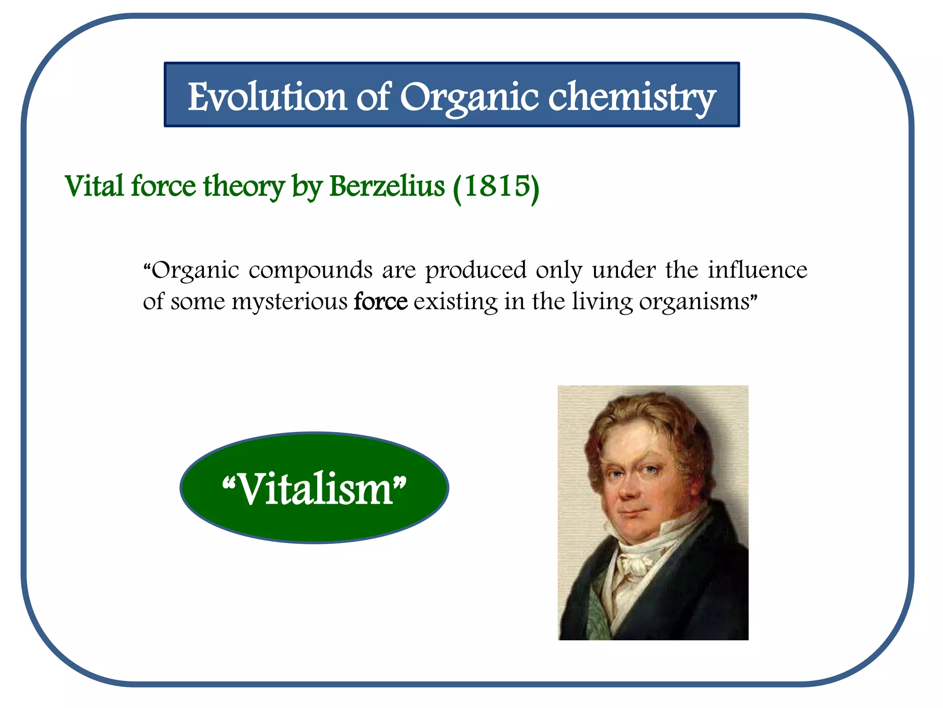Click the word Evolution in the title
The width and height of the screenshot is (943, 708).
pyautogui.click(x=267, y=97)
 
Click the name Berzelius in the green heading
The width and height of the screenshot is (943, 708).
pyautogui.click(x=387, y=187)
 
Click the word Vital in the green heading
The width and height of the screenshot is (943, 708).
pyautogui.click(x=94, y=187)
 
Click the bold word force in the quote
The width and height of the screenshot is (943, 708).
pyautogui.click(x=380, y=302)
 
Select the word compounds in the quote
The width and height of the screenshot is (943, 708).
pyautogui.click(x=310, y=271)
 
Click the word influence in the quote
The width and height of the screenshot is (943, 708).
pyautogui.click(x=757, y=270)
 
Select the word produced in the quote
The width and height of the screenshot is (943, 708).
pyautogui.click(x=475, y=271)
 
